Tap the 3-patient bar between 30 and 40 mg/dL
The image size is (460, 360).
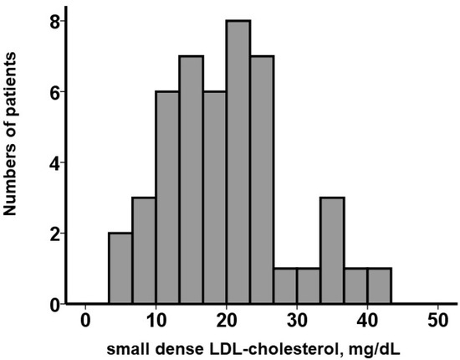click(x=332, y=250)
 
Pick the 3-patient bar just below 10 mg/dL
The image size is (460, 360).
click(x=144, y=250)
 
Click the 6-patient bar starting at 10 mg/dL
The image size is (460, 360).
click(x=167, y=198)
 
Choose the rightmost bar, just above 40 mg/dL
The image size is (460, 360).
click(x=379, y=285)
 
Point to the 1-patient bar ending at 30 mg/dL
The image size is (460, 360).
click(x=285, y=285)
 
